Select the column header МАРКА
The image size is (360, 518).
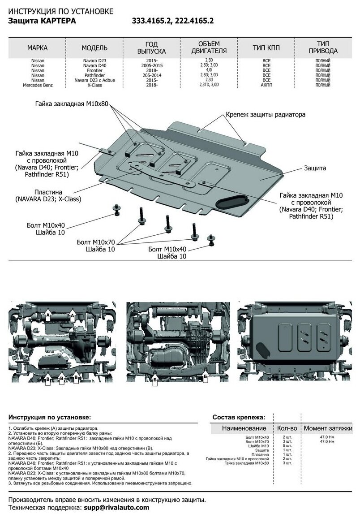coord(37,48)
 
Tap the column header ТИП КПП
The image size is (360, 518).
coord(266,48)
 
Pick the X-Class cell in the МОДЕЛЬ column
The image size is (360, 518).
coord(94,84)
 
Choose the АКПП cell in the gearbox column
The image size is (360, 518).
coord(266,84)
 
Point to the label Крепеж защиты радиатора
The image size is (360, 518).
coord(266,114)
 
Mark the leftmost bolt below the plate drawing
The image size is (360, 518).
coord(117,208)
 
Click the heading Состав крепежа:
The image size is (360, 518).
coord(238,417)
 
